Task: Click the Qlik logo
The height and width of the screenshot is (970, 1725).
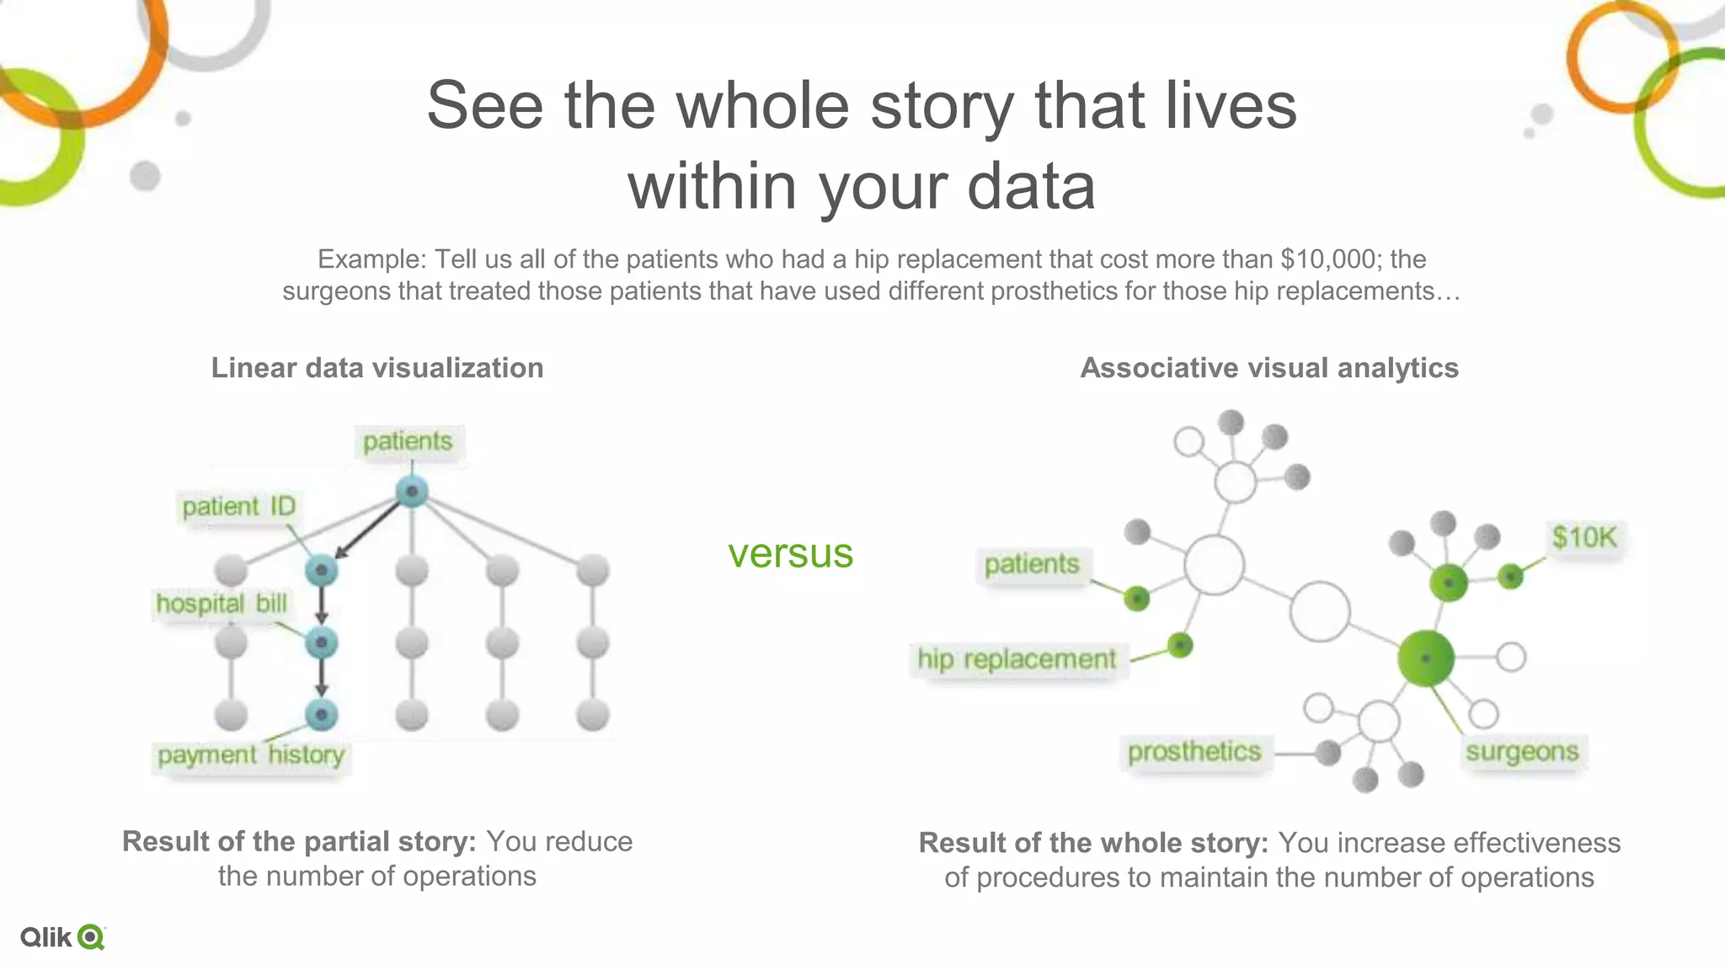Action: [63, 937]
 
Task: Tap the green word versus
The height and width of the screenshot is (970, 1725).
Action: [790, 553]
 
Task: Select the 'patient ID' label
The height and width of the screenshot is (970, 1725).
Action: [238, 507]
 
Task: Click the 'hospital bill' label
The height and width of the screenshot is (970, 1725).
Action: [222, 604]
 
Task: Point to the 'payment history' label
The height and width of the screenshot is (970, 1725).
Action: [251, 754]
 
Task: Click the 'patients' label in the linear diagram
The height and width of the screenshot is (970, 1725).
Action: [408, 442]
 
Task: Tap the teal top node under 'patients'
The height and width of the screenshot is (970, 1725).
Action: [412, 492]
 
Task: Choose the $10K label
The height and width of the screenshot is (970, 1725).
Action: [1584, 537]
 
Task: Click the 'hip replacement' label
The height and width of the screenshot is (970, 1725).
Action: [1017, 659]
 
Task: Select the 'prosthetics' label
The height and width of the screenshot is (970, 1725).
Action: [1194, 752]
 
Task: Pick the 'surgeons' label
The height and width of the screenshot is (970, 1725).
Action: [1522, 752]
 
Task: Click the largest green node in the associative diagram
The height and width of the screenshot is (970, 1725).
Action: [1425, 658]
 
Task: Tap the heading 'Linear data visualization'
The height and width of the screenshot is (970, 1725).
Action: [377, 368]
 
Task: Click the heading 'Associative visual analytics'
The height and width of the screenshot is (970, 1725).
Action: [1269, 368]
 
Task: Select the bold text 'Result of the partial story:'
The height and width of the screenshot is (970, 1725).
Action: [299, 841]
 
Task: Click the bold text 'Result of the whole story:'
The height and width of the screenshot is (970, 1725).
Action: [1093, 843]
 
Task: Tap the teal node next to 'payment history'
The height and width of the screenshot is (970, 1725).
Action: [321, 715]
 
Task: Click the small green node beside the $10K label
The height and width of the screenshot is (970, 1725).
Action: [1510, 577]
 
